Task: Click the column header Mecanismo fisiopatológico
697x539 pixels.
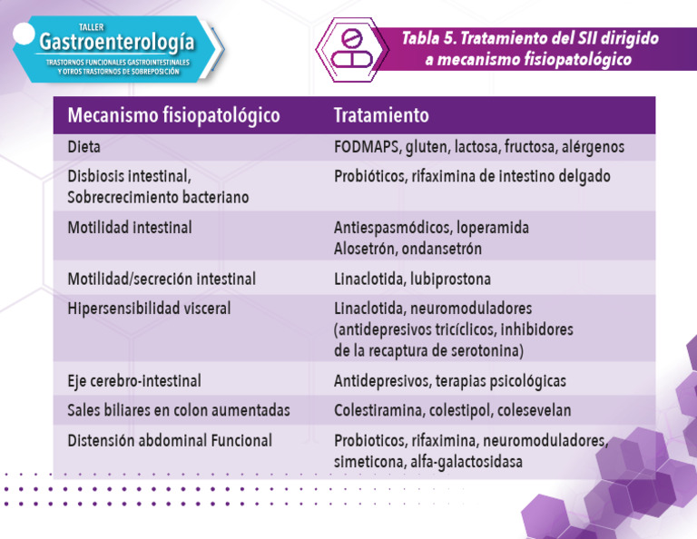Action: click(173, 116)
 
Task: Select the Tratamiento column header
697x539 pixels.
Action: click(381, 116)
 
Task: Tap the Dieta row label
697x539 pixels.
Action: click(84, 146)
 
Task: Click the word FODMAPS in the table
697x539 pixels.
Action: click(367, 146)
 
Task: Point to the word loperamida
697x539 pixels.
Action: click(493, 227)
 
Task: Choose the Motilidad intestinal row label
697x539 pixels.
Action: click(130, 228)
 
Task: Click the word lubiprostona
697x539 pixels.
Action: click(454, 279)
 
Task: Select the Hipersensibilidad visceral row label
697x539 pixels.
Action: click(149, 309)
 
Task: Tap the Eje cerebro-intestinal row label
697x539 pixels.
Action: click(134, 381)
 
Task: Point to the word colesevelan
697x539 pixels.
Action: click(534, 410)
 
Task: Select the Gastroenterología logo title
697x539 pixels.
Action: click(117, 42)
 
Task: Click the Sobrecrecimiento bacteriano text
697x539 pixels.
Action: click(158, 197)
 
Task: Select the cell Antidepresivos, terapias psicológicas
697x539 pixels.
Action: click(449, 381)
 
